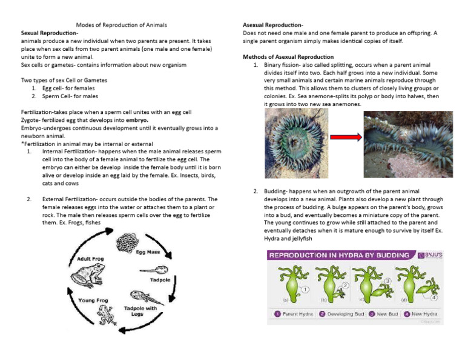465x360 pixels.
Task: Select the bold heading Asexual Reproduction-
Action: tap(273, 25)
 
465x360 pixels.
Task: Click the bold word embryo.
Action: tap(138, 120)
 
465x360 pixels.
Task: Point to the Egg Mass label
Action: tap(148, 252)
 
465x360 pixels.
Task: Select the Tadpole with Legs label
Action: tap(140, 312)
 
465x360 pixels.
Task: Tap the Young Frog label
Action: tap(94, 300)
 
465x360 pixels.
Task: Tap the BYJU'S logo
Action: tap(430, 256)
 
